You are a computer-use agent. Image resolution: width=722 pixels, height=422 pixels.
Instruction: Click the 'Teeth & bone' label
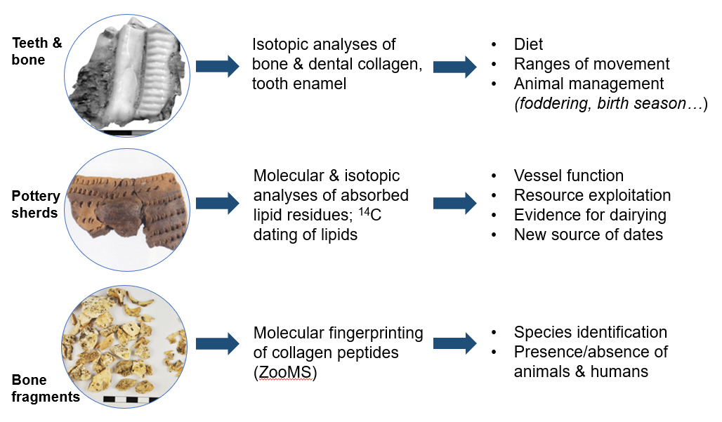tap(37, 51)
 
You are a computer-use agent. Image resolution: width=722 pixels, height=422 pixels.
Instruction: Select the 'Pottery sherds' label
tap(36, 204)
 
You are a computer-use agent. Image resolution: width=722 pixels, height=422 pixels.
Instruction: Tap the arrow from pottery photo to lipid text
tap(217, 204)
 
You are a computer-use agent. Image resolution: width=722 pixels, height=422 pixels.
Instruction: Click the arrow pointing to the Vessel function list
tap(455, 204)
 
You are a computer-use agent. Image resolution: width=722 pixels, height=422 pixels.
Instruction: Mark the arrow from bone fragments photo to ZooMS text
tap(217, 344)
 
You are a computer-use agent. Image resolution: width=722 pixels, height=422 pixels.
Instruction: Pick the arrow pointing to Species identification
tap(455, 344)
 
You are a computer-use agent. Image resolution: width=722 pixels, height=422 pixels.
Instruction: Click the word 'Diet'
tap(528, 44)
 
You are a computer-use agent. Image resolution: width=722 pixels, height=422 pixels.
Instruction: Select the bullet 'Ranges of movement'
tap(591, 64)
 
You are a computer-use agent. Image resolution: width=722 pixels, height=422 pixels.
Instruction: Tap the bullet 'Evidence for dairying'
tap(590, 215)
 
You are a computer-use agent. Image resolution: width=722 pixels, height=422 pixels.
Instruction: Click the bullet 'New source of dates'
tap(588, 235)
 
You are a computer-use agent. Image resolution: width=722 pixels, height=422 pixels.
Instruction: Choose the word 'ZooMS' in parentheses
tap(284, 373)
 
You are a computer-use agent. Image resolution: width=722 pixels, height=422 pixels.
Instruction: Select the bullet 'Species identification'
tap(590, 332)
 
